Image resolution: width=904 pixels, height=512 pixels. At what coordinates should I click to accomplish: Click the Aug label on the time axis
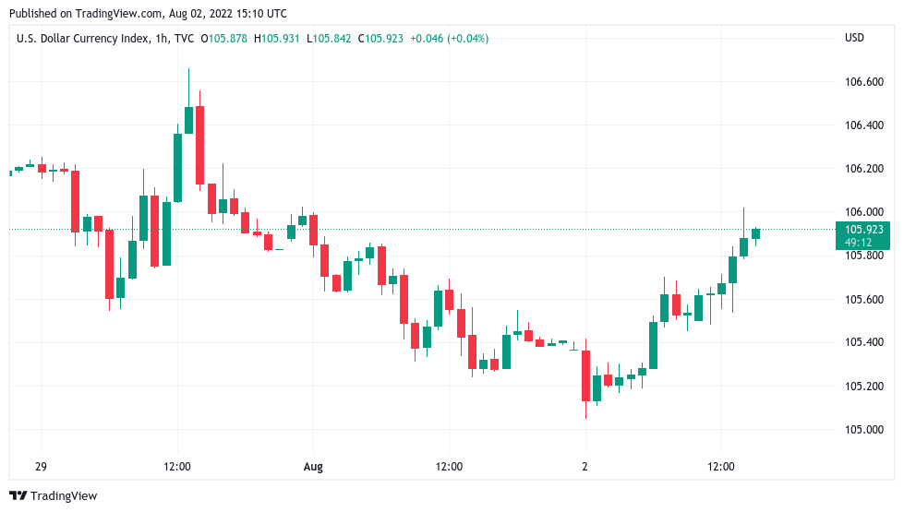click(313, 467)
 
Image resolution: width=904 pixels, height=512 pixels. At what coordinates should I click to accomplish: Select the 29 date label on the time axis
click(42, 467)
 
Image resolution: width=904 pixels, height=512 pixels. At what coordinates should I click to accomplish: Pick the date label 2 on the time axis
click(585, 467)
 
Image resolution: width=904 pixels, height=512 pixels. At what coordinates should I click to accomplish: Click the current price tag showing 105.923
click(863, 229)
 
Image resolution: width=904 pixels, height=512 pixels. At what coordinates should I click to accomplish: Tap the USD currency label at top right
click(854, 39)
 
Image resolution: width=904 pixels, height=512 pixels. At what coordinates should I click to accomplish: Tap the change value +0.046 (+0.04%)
click(450, 39)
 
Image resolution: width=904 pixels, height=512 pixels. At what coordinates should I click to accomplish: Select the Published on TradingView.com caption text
click(148, 14)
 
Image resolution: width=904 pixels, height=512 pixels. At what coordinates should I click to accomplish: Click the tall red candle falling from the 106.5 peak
click(199, 145)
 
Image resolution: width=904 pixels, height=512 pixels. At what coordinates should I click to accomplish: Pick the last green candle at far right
click(755, 233)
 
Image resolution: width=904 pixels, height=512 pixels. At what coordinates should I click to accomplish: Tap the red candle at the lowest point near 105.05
click(585, 375)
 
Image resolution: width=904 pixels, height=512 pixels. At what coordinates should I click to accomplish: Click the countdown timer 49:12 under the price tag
click(858, 243)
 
